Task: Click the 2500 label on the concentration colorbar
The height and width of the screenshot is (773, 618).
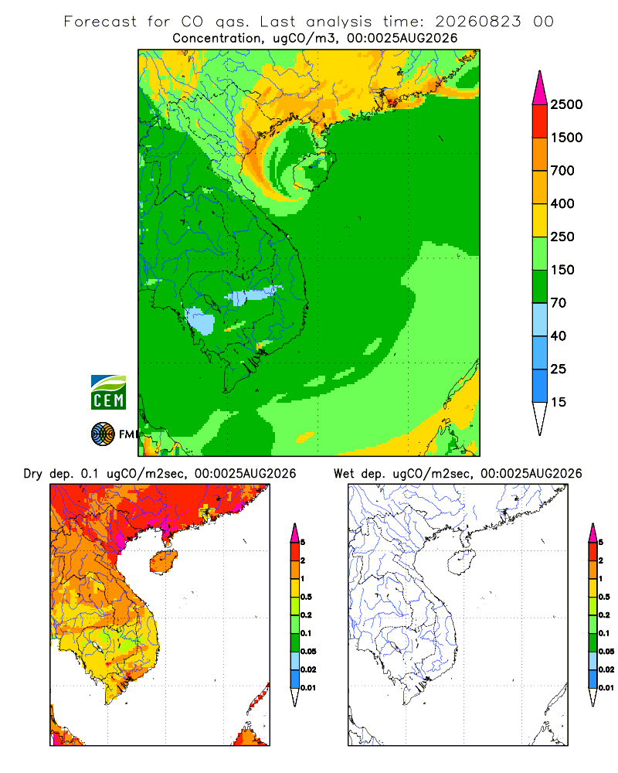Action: pos(566,104)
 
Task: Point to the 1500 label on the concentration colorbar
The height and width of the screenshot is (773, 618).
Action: pos(566,138)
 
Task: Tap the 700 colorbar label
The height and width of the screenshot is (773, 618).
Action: pos(562,171)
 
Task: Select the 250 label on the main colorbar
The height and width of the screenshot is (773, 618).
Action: pos(562,237)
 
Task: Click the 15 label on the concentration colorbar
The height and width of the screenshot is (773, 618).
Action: pos(559,402)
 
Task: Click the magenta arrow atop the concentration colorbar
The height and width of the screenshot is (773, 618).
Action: pos(540,88)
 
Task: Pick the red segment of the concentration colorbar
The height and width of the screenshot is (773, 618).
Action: pos(540,121)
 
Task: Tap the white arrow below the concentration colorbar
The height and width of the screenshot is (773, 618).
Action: pos(540,418)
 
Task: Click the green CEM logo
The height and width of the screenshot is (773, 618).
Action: pos(108,393)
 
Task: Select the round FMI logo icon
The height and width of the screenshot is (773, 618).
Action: pos(103,434)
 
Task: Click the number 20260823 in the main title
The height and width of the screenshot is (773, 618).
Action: pos(477,22)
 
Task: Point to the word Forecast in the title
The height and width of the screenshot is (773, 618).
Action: pos(100,22)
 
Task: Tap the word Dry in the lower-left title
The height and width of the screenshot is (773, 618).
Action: pos(32,474)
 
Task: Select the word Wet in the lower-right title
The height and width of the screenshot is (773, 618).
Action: pos(344,474)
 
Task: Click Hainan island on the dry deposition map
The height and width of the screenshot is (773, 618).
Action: pos(163,562)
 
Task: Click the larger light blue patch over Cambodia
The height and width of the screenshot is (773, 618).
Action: pos(200,321)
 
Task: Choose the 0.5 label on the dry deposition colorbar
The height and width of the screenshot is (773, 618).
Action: pos(306,597)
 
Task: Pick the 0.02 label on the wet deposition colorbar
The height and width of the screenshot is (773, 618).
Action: pos(606,669)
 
